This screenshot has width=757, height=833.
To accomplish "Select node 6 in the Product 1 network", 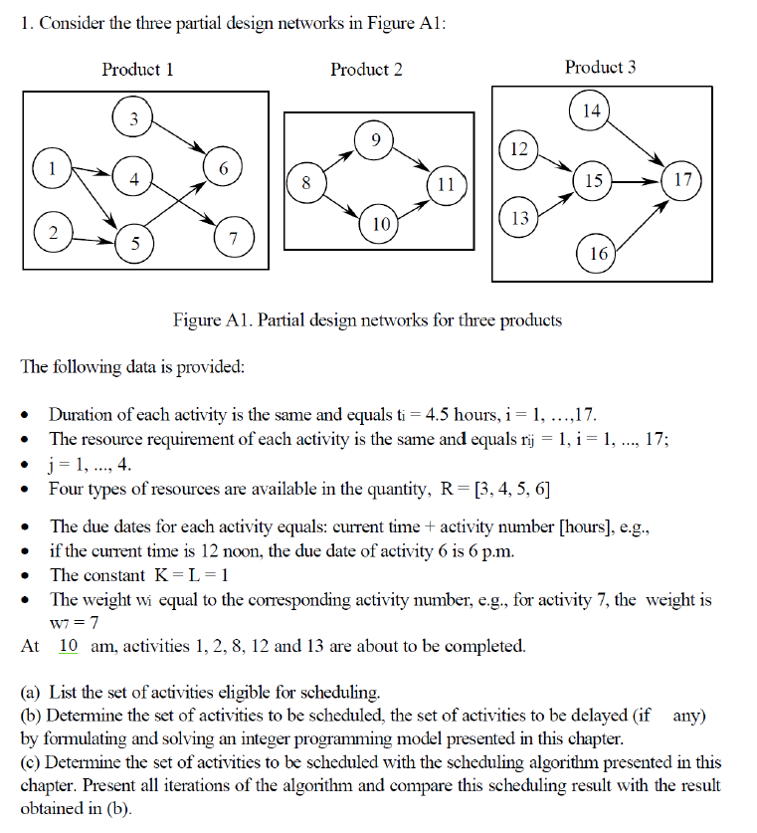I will [224, 168].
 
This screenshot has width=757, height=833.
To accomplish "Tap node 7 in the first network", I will [233, 239].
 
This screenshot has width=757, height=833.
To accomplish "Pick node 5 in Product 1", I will [135, 242].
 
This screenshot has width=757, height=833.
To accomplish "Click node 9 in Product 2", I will [374, 138].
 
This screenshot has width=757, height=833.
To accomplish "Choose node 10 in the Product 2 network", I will [381, 224].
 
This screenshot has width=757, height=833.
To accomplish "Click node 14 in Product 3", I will [592, 110].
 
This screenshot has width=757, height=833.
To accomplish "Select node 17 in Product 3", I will [682, 180].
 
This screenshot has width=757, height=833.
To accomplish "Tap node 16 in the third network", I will [598, 254].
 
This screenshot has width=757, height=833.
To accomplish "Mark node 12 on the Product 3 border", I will [518, 148].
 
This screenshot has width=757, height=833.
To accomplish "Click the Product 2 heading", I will [366, 69].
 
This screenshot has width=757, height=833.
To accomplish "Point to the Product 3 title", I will [600, 67].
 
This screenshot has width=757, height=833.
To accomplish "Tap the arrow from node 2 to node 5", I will [93, 240].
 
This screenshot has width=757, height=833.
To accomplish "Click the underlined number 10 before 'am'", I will [69, 646].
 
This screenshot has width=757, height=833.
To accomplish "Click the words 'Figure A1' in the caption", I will [209, 320].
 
